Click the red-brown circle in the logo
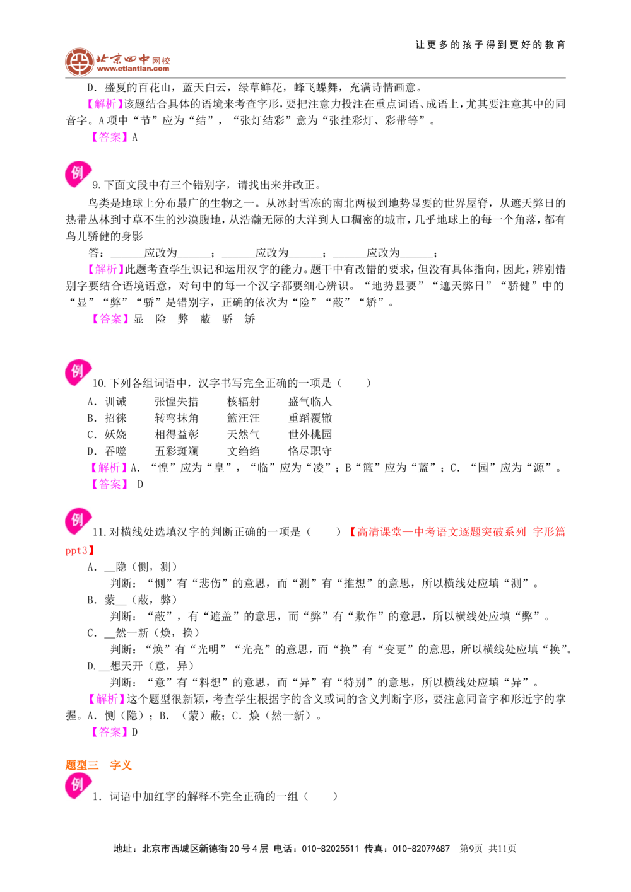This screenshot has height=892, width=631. pyautogui.click(x=79, y=62)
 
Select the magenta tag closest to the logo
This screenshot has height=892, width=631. pyautogui.click(x=105, y=104)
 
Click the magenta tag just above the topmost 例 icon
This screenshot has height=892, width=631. pyautogui.click(x=110, y=137)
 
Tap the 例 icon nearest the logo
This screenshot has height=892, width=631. pyautogui.click(x=78, y=173)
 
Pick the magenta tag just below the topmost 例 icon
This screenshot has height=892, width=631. pyautogui.click(x=106, y=270)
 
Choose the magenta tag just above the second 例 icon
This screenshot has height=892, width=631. pyautogui.click(x=110, y=319)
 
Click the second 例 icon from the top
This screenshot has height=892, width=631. pyautogui.click(x=78, y=373)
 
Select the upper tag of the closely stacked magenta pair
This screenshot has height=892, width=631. pyautogui.click(x=110, y=467)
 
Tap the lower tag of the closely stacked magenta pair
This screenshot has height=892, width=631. pyautogui.click(x=110, y=484)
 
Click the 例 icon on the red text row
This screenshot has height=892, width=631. pyautogui.click(x=78, y=521)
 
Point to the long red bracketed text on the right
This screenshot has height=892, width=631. pyautogui.click(x=457, y=532)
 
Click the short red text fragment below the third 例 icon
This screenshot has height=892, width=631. pyautogui.click(x=78, y=552)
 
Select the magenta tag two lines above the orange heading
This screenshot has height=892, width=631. pyautogui.click(x=106, y=698)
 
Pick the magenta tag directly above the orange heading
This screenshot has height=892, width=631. pyautogui.click(x=110, y=733)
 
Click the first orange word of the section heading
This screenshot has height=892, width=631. pyautogui.click(x=81, y=765)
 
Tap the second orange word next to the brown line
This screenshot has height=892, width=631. pyautogui.click(x=120, y=765)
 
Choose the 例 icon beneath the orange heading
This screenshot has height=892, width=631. pyautogui.click(x=78, y=786)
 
